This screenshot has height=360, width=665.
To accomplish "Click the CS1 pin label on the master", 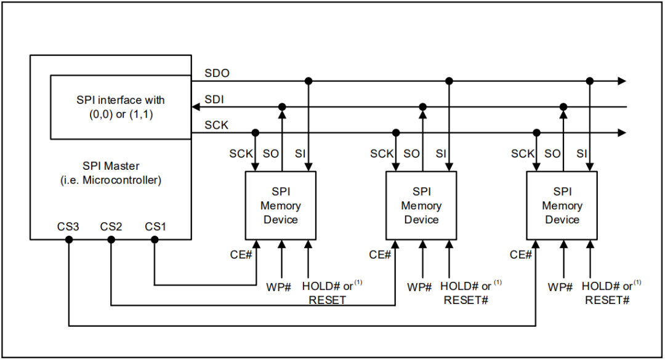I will click(x=156, y=227).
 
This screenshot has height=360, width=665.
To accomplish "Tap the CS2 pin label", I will click(x=111, y=227).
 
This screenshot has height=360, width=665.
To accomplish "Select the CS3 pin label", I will click(x=68, y=227).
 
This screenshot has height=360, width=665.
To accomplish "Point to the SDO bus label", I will click(x=217, y=73).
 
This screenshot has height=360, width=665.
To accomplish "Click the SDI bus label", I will click(x=214, y=99).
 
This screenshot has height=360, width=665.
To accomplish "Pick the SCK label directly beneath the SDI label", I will click(x=217, y=125).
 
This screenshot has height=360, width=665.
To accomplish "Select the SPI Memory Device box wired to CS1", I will click(x=281, y=206).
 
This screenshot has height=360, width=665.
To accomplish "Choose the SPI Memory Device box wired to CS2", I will click(x=421, y=206).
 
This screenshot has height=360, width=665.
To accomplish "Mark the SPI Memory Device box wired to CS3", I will click(x=562, y=206).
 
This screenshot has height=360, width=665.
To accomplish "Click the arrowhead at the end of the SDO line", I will click(x=622, y=81).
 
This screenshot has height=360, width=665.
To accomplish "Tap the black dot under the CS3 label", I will click(x=69, y=239).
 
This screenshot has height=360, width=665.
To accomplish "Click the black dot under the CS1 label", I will click(x=155, y=239).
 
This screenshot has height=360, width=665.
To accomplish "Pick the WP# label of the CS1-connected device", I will click(x=278, y=287).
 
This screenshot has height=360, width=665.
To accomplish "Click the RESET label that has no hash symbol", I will click(x=327, y=300).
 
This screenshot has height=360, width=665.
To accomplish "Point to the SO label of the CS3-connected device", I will click(x=552, y=154).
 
